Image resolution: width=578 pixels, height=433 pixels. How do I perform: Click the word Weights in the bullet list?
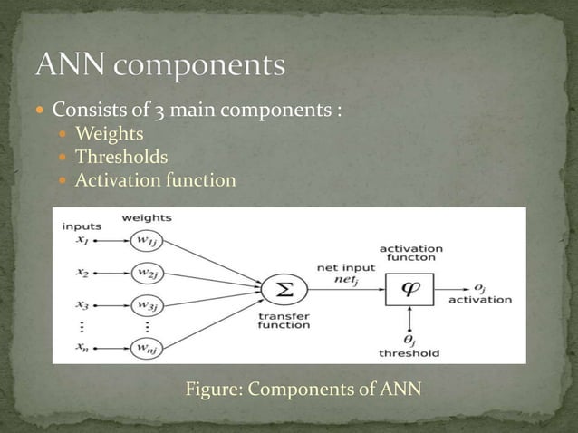pos(109,134)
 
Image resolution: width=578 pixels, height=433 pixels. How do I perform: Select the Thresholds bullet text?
pos(121,158)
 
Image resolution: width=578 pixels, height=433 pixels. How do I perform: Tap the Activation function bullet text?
pos(155,180)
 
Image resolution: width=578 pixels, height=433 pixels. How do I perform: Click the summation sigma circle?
pos(282,289)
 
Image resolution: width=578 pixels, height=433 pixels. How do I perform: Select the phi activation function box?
pos(411,289)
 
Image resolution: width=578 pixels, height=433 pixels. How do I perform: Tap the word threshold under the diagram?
pos(410,353)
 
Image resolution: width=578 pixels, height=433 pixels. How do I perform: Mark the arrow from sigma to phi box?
pos(344,289)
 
